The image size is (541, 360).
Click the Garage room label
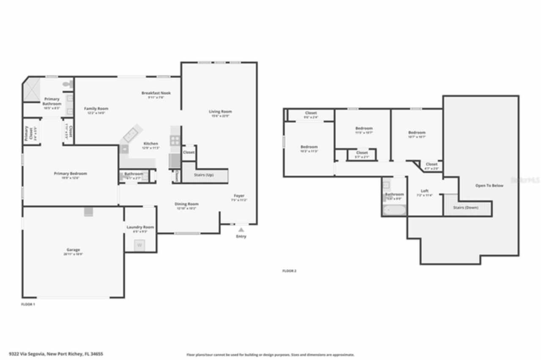click(73, 250)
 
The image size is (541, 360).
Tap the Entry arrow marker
click(241, 230)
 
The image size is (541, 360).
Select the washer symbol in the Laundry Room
click(139, 244)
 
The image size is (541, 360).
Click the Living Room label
click(220, 112)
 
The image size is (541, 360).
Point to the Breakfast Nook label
click(156, 93)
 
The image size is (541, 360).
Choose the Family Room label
click(96, 109)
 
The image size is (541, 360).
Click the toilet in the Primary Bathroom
click(67, 85)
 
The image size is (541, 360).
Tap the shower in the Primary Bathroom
click(30, 89)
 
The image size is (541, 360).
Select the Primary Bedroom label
click(70, 174)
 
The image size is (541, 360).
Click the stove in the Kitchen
click(175, 140)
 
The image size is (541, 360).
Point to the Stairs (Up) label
click(203, 175)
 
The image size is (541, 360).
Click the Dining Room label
click(186, 204)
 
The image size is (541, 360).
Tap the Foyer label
click(239, 196)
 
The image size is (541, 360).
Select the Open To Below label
click(489, 185)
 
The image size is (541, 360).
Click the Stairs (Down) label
click(465, 207)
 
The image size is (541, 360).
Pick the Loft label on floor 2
click(425, 191)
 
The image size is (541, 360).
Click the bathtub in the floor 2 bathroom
click(394, 210)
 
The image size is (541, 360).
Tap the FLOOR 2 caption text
click(289, 271)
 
